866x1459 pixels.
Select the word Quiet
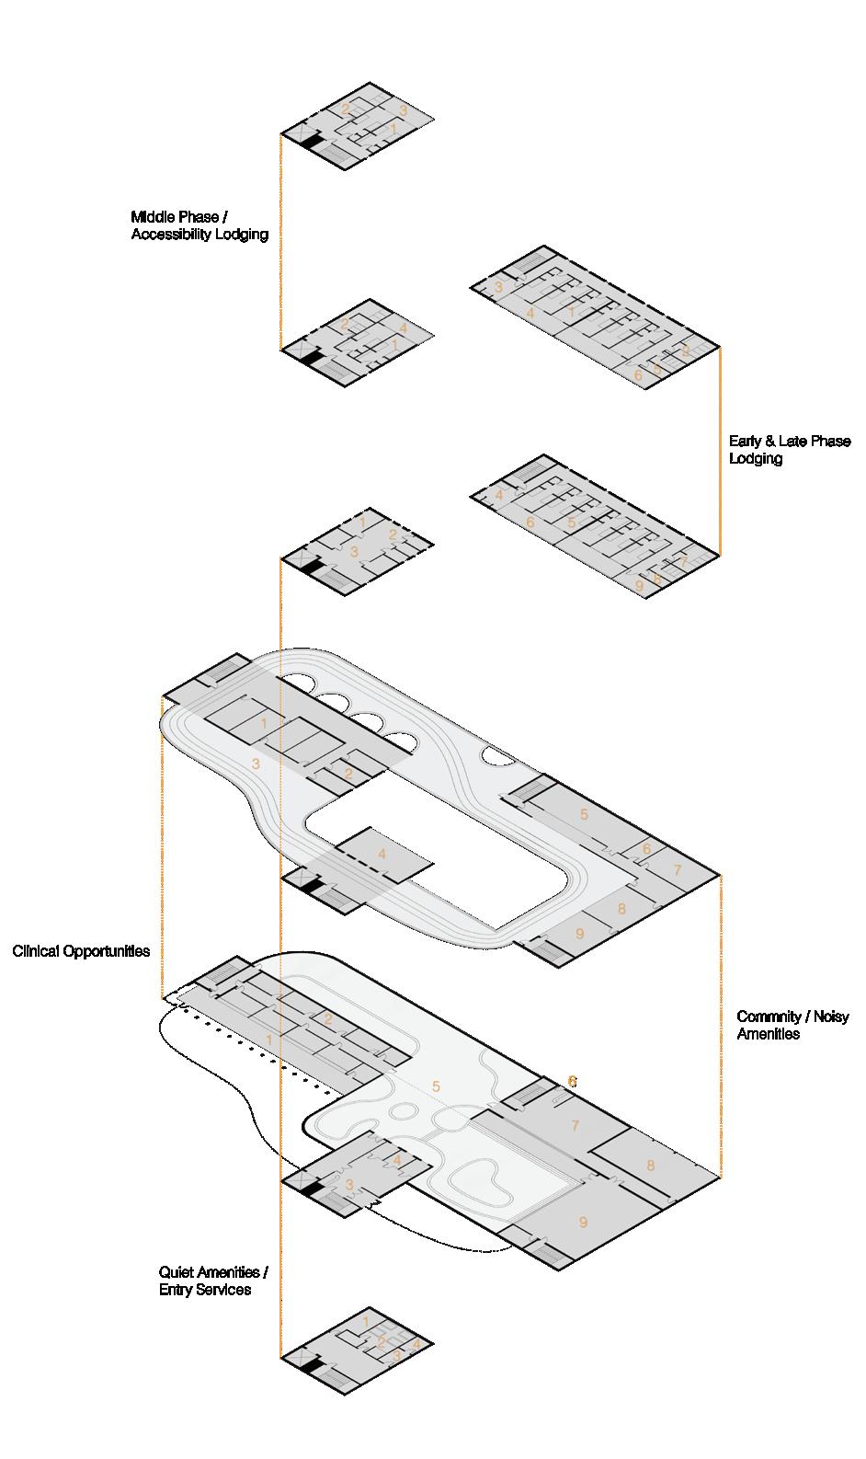click(178, 1272)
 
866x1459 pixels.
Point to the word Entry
click(177, 1290)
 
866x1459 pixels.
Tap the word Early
click(746, 442)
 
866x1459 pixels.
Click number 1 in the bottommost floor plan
click(366, 1322)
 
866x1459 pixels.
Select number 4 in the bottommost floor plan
click(416, 1343)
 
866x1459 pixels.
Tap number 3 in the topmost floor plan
click(403, 111)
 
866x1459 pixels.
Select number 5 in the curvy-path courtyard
click(436, 1086)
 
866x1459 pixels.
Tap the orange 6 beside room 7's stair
click(572, 1081)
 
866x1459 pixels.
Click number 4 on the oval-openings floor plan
click(382, 854)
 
